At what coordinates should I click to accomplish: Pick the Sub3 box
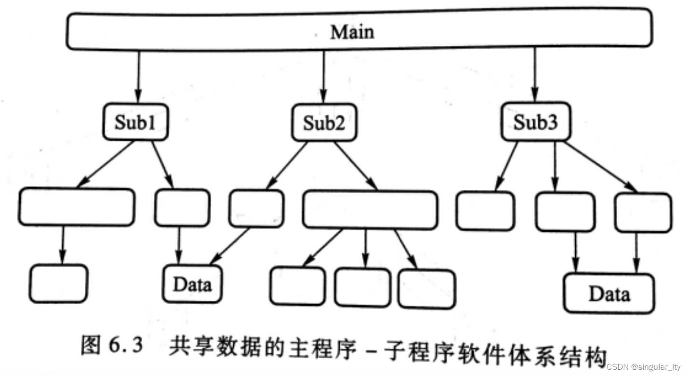[535, 122]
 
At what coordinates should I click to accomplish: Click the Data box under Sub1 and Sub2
[193, 284]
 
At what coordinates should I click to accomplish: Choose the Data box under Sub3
[609, 293]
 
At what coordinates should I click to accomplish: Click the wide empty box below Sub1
[76, 207]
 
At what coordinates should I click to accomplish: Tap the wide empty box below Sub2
[370, 209]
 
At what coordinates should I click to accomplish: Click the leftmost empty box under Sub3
[485, 211]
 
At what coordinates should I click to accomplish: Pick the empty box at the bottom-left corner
[59, 283]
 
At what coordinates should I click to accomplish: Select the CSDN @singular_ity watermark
[645, 367]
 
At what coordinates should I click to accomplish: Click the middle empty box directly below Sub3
[565, 212]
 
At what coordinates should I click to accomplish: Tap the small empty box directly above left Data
[182, 208]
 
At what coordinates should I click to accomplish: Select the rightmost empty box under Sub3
[643, 212]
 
